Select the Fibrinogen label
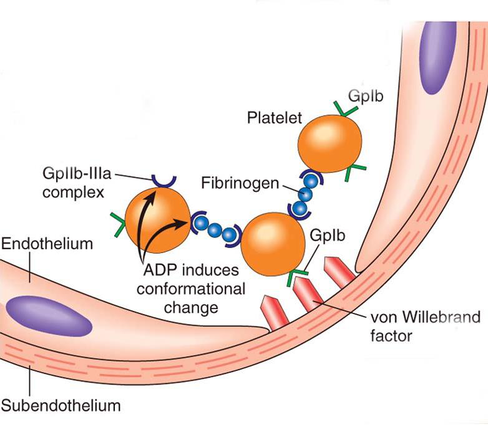click(x=238, y=183)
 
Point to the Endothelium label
click(x=47, y=244)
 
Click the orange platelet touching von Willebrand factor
click(x=274, y=242)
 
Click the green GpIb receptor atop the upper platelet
click(x=343, y=110)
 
